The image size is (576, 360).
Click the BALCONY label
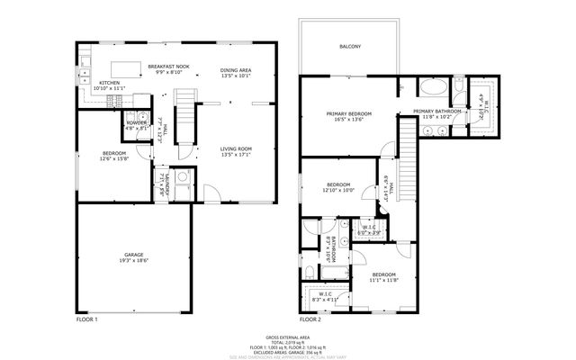351,46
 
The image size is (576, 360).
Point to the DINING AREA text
236,70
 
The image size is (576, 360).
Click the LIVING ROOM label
236,148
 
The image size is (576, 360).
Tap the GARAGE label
133,255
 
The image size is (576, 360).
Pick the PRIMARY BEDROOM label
349,113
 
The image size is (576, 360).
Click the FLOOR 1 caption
87,319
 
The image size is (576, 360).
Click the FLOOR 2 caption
310,319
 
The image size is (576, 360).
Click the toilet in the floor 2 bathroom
310,271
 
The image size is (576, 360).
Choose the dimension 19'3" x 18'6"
133,261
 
